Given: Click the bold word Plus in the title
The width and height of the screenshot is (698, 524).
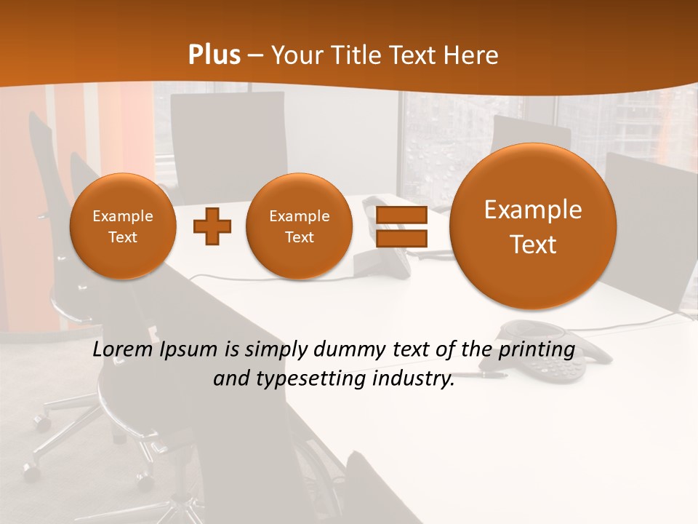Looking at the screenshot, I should click(x=214, y=55).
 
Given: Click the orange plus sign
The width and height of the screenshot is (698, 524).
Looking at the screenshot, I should click(x=212, y=226).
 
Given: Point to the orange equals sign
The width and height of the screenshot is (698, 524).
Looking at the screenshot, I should click(x=401, y=226).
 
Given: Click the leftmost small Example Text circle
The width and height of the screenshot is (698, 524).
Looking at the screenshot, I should click(x=123, y=226).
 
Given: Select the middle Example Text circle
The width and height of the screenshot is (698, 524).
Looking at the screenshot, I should click(x=299, y=226).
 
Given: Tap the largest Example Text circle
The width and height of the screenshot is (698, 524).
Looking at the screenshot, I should click(x=533, y=226).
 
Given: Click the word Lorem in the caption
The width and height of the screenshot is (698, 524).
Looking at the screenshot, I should click(x=122, y=350).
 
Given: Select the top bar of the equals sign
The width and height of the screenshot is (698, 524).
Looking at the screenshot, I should click(x=401, y=215).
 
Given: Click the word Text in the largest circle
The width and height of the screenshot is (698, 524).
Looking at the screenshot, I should click(x=533, y=245).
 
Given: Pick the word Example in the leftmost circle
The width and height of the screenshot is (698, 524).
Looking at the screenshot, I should click(x=123, y=216).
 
